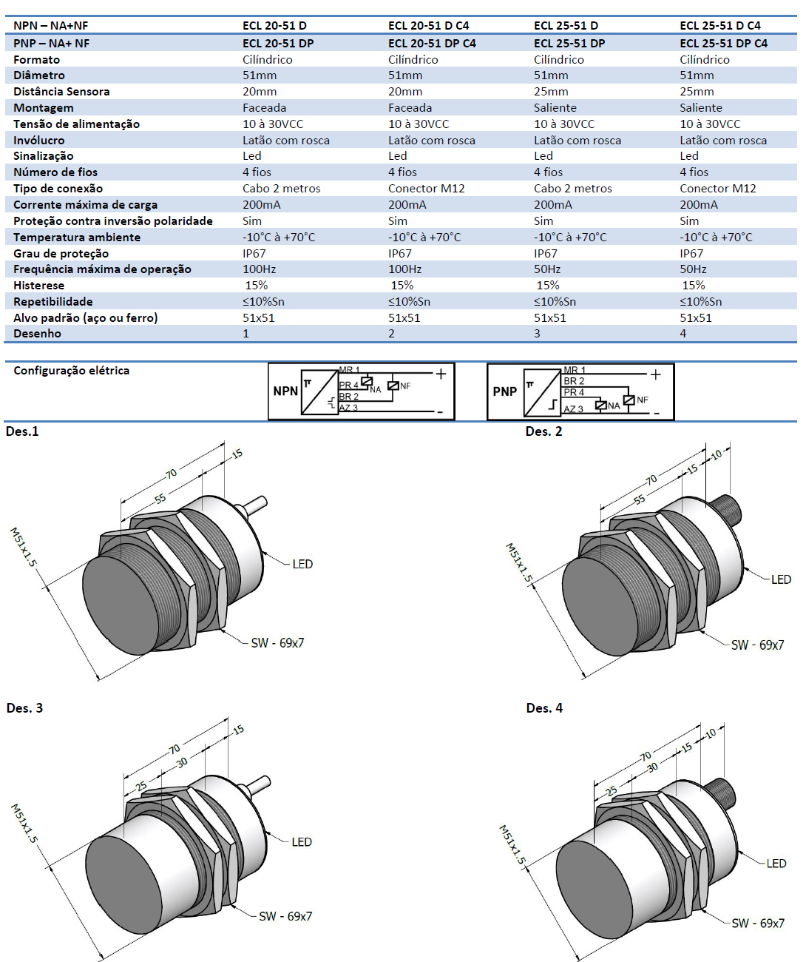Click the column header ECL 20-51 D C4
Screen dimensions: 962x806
coord(428,25)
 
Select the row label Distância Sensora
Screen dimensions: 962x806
coord(61,92)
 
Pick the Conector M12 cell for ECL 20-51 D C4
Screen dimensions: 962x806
coord(426,189)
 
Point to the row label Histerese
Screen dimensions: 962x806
coord(38,286)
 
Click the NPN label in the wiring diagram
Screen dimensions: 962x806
coord(285,391)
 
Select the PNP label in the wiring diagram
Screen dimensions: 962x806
coord(504,391)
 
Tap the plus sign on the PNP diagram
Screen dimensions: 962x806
coord(655,374)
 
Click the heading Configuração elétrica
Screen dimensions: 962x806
coord(71,371)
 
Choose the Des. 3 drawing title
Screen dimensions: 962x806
coord(24,708)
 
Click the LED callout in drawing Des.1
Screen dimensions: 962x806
coord(302,564)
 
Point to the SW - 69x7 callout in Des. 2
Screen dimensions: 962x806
coord(757,645)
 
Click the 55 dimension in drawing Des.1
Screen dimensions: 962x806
coord(160,499)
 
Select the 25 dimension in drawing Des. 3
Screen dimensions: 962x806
coord(141,784)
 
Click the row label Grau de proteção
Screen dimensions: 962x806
coord(61,254)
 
